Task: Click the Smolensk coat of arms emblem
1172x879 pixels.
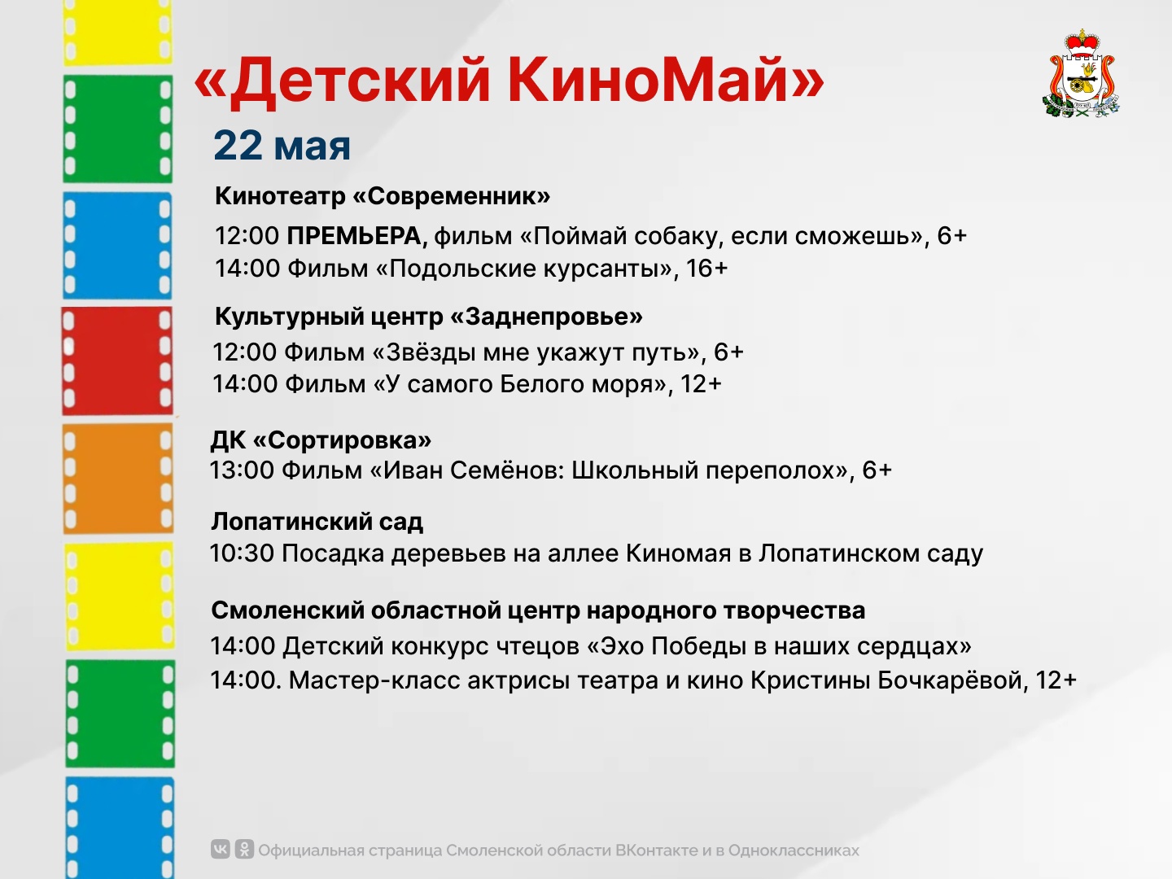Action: coord(1081,73)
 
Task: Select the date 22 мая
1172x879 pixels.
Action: coord(282,145)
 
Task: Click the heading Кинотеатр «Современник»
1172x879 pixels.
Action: coord(383,196)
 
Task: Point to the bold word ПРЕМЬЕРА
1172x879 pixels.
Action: coord(356,236)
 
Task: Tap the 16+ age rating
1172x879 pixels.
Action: coord(706,268)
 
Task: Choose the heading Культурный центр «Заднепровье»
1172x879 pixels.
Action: coord(429,317)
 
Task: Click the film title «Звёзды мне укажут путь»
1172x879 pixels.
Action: coord(536,352)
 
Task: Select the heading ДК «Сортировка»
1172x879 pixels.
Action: coord(321,440)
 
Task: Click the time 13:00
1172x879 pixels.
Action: coord(242,470)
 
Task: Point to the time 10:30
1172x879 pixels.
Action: coord(242,553)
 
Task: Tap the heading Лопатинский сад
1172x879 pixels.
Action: coord(317,522)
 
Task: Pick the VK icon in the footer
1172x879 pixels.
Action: coord(220,849)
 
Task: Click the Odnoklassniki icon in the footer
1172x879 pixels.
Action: coord(244,849)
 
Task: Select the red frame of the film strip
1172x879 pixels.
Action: coord(117,361)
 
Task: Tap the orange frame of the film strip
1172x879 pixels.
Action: coord(118,479)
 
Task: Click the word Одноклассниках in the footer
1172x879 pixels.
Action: coord(794,851)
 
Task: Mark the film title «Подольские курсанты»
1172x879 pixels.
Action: coord(524,268)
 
